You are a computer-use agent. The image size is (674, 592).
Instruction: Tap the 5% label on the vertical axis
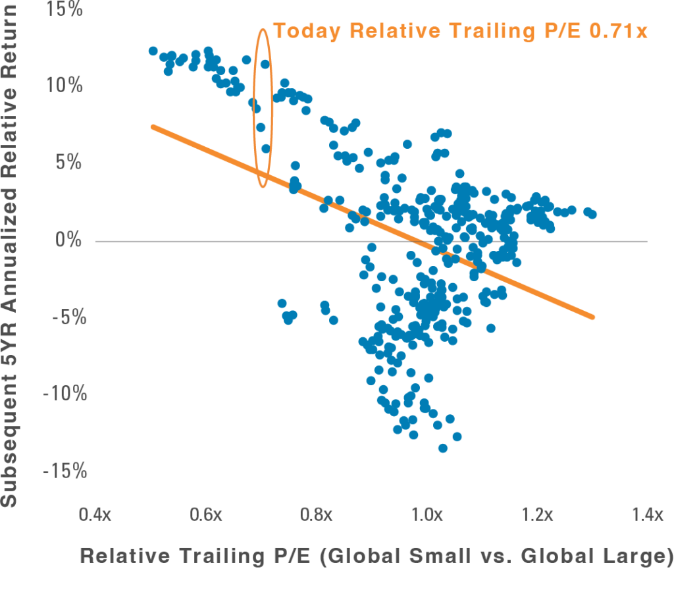68,163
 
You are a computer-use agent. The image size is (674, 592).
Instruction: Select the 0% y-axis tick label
68,240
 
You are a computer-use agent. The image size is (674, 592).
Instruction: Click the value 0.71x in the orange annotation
618,31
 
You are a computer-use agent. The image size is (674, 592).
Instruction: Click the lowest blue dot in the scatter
443,448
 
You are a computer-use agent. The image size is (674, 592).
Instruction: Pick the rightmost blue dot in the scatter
592,215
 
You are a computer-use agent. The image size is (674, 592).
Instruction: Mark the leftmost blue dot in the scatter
153,51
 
